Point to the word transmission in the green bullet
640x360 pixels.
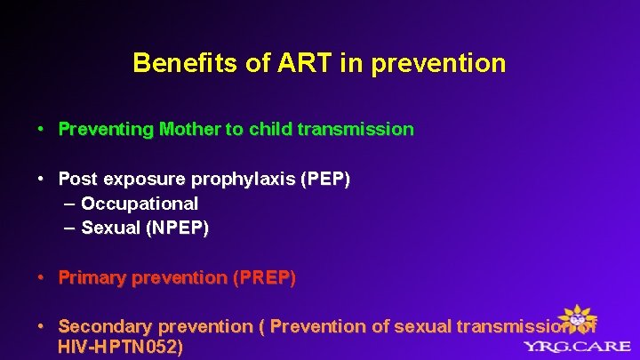click(x=356, y=129)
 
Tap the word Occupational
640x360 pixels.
click(x=140, y=204)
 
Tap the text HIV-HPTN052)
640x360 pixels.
click(x=120, y=347)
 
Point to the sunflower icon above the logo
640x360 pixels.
click(x=580, y=317)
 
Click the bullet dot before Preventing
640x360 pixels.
click(x=42, y=130)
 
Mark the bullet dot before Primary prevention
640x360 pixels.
click(x=42, y=279)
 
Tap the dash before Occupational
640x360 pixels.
click(x=70, y=204)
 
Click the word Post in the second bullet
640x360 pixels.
click(x=77, y=179)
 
